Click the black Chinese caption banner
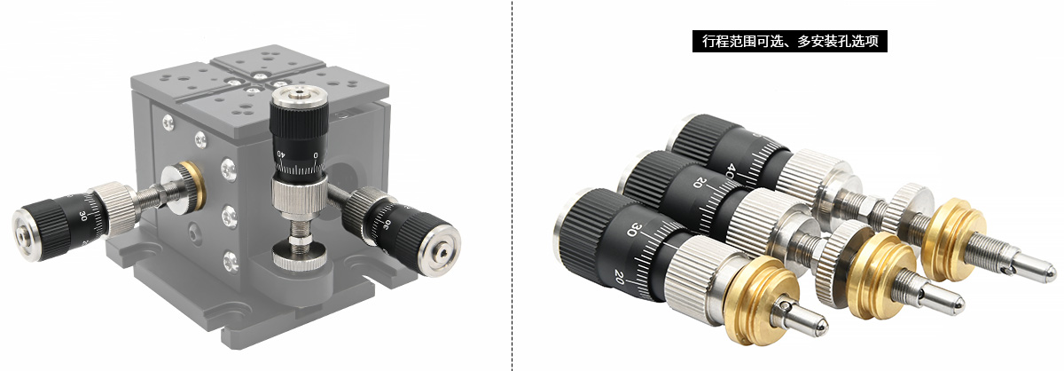point(789,42)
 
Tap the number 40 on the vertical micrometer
point(281,154)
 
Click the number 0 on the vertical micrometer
point(316,155)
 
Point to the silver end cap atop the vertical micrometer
point(300,97)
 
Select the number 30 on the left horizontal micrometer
point(82,216)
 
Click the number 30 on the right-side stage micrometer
point(387,224)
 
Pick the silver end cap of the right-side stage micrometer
point(441,249)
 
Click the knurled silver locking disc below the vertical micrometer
point(300,256)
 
